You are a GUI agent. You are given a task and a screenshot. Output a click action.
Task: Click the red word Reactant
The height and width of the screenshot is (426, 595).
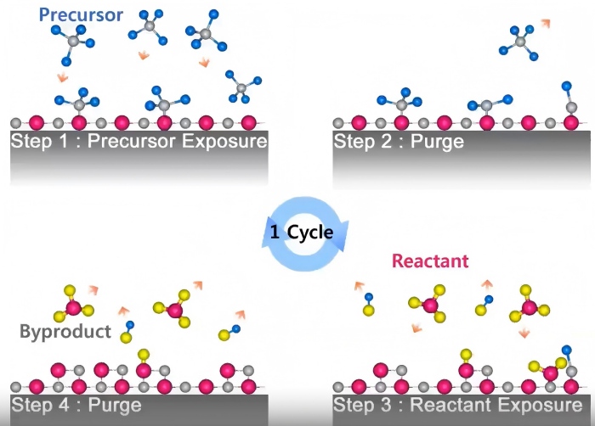[429, 261]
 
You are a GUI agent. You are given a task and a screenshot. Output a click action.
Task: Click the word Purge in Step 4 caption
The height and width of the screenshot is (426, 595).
[115, 405]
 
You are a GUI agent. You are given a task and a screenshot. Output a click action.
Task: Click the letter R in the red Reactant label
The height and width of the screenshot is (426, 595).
[398, 261]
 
